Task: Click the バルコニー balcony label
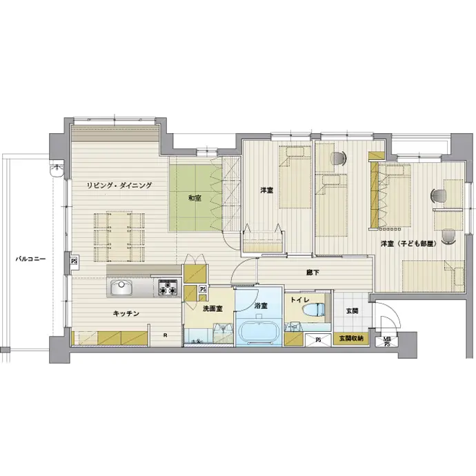(x=30, y=259)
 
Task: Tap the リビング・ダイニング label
(x=119, y=186)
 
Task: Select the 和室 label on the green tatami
(x=195, y=198)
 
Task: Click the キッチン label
(x=126, y=313)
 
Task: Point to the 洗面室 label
(x=212, y=309)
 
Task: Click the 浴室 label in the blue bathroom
(x=261, y=306)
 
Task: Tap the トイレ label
(x=300, y=300)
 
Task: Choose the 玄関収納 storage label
(x=351, y=339)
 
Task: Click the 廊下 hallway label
(x=313, y=272)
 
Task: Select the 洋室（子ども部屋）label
(x=408, y=244)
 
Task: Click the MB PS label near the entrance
(x=387, y=341)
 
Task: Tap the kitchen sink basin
(x=121, y=287)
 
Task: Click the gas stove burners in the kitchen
(x=168, y=288)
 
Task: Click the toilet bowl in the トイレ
(x=314, y=309)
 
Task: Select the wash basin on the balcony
(x=57, y=170)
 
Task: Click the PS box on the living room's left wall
(x=74, y=261)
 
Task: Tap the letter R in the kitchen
(x=165, y=335)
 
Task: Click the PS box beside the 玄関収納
(x=318, y=340)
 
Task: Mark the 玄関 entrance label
(x=352, y=311)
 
